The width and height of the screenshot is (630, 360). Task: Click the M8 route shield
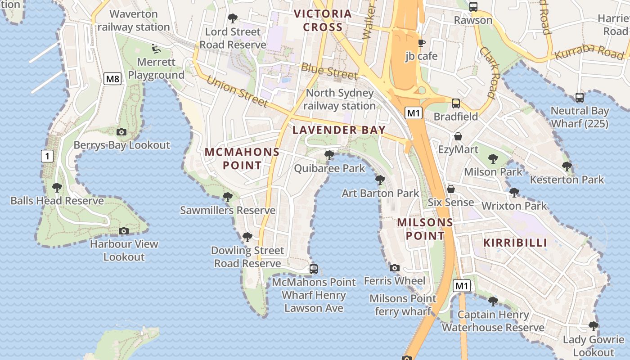tap(112, 79)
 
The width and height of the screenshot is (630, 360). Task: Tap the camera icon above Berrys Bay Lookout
tap(121, 132)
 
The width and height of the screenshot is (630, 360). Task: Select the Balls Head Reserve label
tap(57, 201)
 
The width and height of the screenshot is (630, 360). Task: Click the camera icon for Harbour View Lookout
tap(124, 231)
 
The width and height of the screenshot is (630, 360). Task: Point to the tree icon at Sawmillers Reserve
tap(228, 197)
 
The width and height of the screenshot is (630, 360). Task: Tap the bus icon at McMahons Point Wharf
tap(314, 269)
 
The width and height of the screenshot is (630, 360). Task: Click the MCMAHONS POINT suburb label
tap(242, 158)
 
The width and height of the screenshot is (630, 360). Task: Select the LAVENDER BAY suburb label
tap(339, 130)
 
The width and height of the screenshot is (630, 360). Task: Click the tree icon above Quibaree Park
tap(329, 155)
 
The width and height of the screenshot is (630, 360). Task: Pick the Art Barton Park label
tap(380, 193)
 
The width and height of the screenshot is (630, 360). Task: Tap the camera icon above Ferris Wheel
tap(395, 268)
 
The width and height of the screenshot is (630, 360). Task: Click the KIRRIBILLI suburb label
tap(515, 243)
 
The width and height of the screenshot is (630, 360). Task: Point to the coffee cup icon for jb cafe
tap(421, 43)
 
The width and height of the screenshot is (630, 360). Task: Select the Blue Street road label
tap(329, 71)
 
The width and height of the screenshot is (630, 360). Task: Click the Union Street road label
tap(237, 91)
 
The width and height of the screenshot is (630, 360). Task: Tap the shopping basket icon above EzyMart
tap(458, 136)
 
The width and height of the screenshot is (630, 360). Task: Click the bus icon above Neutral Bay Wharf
tap(580, 97)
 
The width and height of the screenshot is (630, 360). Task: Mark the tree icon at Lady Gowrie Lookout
tap(594, 326)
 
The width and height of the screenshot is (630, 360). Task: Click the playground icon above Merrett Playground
tap(156, 48)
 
